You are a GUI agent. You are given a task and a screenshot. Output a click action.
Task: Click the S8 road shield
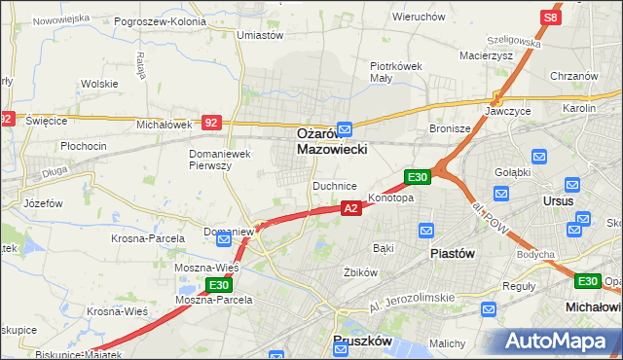(551, 18)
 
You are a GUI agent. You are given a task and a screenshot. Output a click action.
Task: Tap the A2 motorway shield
(351, 208)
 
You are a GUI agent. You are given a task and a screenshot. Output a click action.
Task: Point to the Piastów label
(452, 253)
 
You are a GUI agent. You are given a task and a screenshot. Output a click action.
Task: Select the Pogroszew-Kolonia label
(160, 20)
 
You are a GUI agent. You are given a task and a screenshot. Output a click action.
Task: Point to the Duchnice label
(334, 185)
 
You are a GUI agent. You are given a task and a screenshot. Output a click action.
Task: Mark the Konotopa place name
(391, 198)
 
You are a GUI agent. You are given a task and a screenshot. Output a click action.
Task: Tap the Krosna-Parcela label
(142, 238)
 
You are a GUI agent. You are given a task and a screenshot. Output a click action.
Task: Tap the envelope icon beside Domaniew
(224, 238)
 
